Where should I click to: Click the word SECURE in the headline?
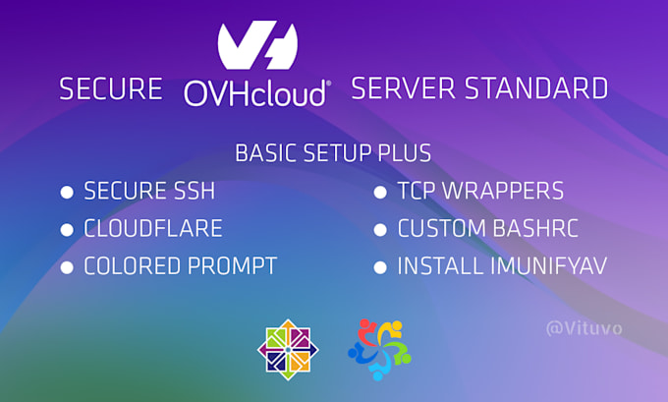point(110,89)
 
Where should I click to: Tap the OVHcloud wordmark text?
point(256,92)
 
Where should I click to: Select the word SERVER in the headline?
point(402,89)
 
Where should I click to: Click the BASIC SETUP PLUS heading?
point(333,154)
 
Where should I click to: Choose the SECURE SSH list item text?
point(149,191)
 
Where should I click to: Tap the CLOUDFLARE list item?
point(153,229)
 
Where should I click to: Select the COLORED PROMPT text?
point(180,266)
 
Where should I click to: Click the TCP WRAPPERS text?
point(480,191)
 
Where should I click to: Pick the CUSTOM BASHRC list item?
point(487,229)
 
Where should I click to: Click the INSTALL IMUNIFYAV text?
point(500,266)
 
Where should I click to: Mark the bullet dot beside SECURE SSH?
point(67,192)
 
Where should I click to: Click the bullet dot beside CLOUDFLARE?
point(67,230)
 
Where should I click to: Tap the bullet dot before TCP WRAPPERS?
point(379,192)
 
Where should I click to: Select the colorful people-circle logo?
point(378,349)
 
